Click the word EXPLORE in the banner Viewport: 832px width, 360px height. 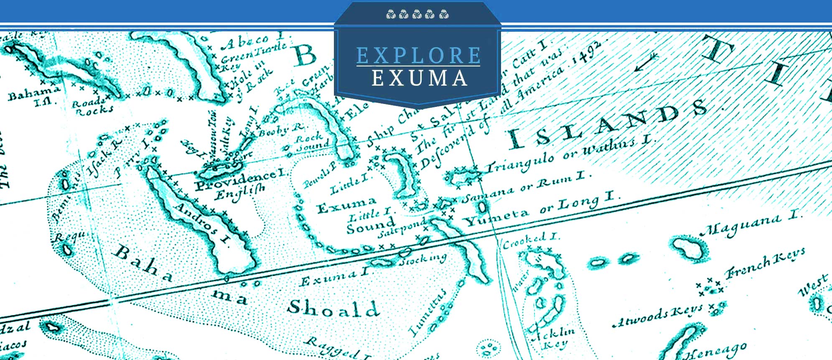coord(418,56)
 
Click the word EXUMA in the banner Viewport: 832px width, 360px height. coord(419,79)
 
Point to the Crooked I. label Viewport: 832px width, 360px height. coord(530,240)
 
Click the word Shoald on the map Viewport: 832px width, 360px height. coord(333,308)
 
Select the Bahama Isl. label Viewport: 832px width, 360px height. coord(33,96)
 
